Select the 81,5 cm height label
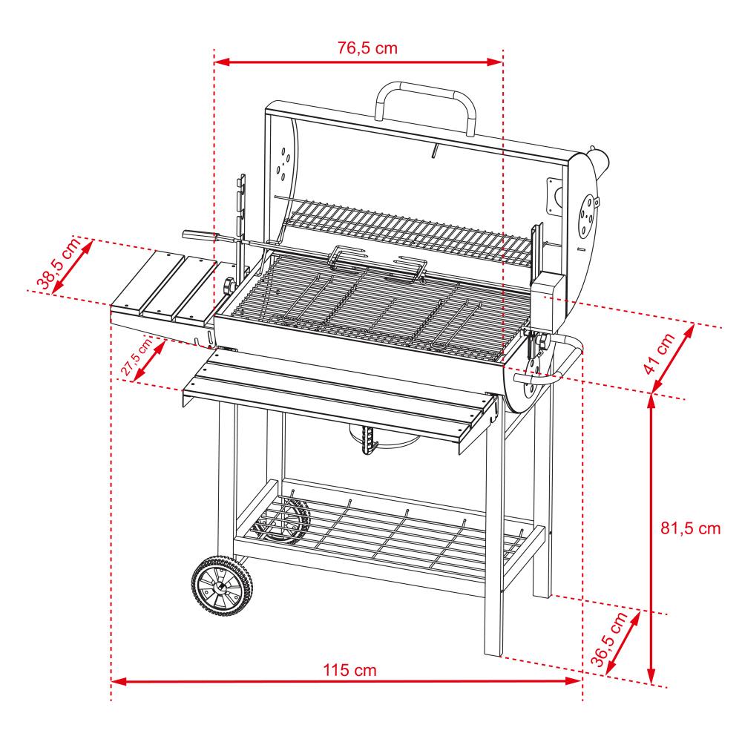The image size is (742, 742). [690, 529]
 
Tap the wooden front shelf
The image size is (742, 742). [338, 397]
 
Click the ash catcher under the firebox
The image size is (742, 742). [390, 442]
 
